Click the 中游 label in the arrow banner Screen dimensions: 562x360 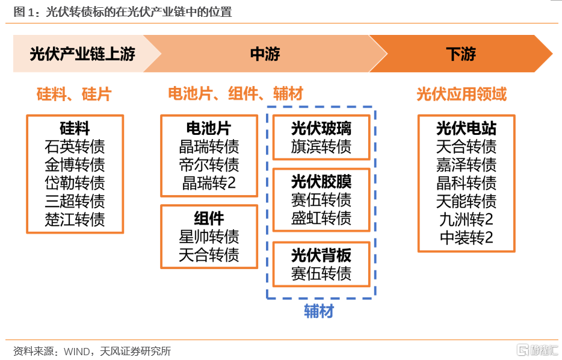[x=265, y=54]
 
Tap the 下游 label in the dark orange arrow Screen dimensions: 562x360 [x=461, y=54]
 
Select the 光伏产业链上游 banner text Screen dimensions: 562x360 [x=82, y=54]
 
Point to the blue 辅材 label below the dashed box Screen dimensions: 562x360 [x=319, y=311]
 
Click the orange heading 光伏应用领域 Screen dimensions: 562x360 [x=462, y=95]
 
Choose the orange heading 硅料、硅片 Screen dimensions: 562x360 [x=74, y=95]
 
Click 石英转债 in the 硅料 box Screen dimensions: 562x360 [x=75, y=146]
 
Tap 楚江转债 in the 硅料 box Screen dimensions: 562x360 [x=75, y=220]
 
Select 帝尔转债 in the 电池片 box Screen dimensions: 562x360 [x=209, y=165]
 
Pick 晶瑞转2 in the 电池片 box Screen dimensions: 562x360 [x=209, y=183]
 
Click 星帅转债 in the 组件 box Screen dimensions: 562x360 [x=209, y=237]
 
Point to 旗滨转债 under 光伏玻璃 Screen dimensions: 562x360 [x=321, y=146]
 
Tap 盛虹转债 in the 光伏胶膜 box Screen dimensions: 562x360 [x=321, y=218]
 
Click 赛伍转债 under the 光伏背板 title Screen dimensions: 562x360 [x=321, y=273]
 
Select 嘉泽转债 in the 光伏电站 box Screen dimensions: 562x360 [x=466, y=165]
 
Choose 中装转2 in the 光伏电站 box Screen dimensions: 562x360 [x=466, y=238]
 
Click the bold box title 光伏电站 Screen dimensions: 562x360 [x=466, y=128]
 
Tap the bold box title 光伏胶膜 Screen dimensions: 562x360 [x=321, y=181]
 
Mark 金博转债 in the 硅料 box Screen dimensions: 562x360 [x=75, y=165]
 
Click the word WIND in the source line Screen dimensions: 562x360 [x=76, y=351]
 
